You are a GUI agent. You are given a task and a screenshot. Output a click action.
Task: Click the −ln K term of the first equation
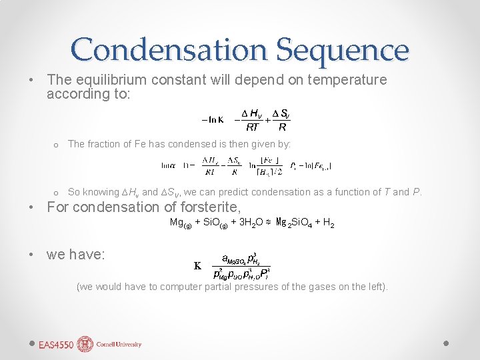[213, 120]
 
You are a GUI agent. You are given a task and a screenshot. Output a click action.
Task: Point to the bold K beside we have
[197, 265]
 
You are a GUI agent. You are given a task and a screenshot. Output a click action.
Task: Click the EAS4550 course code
[56, 345]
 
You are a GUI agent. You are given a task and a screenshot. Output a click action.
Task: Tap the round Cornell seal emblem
[85, 344]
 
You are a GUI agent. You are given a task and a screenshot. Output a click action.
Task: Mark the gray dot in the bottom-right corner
[446, 343]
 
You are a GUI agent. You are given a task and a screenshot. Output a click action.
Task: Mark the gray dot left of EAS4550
[31, 344]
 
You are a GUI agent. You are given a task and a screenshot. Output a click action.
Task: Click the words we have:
[75, 254]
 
